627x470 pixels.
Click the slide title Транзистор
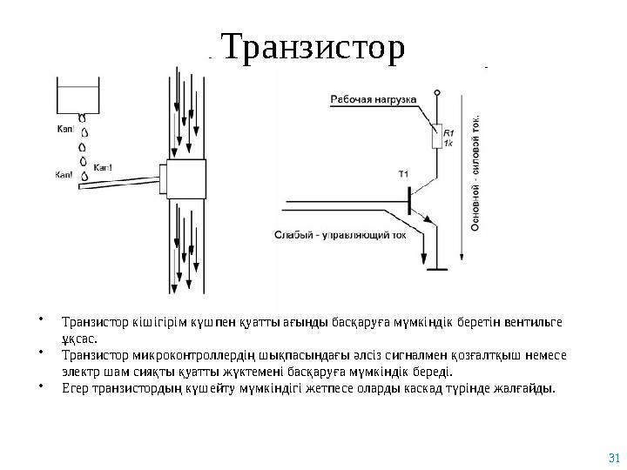click(x=313, y=50)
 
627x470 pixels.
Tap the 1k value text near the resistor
click(x=449, y=143)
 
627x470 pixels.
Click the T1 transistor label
click(x=404, y=175)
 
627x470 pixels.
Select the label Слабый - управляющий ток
click(x=341, y=233)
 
